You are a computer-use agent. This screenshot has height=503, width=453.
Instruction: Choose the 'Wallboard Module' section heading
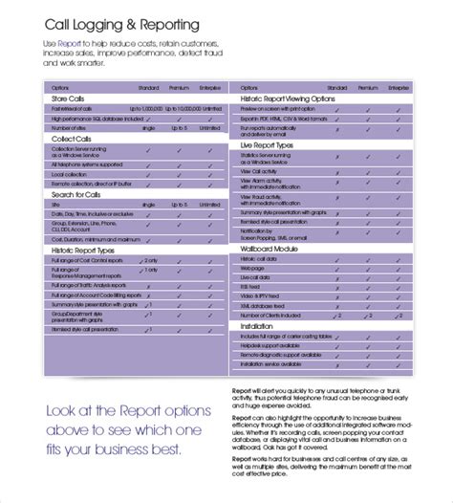coord(270,249)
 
